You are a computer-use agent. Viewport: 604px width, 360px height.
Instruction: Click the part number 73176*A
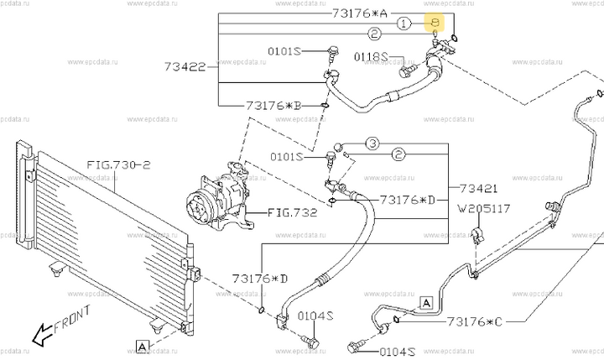[361, 13]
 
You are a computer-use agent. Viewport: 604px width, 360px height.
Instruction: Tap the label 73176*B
[273, 106]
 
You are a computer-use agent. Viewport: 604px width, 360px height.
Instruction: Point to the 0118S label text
[372, 57]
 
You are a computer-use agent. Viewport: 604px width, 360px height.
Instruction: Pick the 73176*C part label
[476, 320]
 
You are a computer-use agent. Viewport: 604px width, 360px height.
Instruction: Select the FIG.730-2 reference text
[117, 165]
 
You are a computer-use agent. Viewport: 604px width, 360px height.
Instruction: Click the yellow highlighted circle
[435, 24]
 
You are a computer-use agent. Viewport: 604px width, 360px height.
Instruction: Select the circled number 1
[404, 24]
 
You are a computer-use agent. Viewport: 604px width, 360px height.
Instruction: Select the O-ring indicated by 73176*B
[325, 106]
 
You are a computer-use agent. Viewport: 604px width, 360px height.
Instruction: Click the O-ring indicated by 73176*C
[394, 319]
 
